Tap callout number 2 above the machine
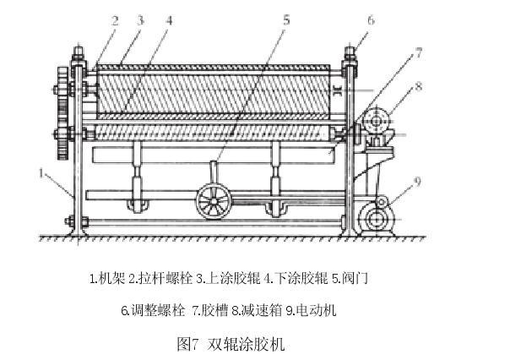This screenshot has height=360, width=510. [x=114, y=19]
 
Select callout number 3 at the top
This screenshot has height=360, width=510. [x=142, y=19]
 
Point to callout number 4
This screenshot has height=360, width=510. [x=170, y=19]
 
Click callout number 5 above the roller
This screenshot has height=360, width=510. [x=286, y=19]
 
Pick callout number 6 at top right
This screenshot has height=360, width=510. [x=371, y=19]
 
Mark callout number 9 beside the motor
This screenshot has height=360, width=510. [x=416, y=179]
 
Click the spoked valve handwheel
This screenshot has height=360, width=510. [x=214, y=203]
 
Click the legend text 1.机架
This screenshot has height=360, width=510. [x=107, y=276]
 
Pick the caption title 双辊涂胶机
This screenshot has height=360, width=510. [x=252, y=344]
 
